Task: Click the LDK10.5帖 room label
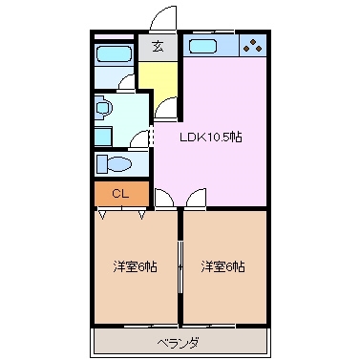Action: click(212, 137)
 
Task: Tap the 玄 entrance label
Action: click(157, 46)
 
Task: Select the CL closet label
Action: click(119, 194)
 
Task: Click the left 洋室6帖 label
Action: click(135, 266)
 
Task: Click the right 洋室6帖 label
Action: click(222, 266)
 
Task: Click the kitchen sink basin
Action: click(204, 46)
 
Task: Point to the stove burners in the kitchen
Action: click(251, 45)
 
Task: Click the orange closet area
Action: click(121, 194)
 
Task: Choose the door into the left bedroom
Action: click(164, 200)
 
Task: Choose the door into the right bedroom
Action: click(196, 200)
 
